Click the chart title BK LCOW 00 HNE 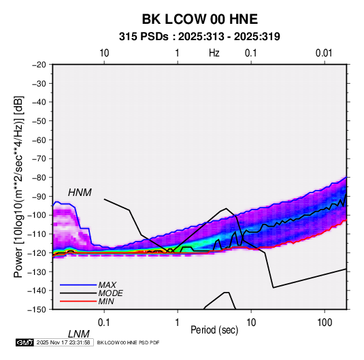pos(199,19)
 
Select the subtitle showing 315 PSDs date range pos(199,37)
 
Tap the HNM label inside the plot pos(80,193)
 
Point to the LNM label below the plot pos(78,334)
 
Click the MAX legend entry pos(107,285)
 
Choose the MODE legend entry pos(110,293)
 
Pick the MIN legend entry pos(106,301)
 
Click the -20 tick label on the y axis pos(39,65)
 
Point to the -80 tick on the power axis pos(39,178)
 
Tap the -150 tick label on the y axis pos(37,310)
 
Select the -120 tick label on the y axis pos(37,252)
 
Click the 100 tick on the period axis pos(325,323)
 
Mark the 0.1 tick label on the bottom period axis pos(103,323)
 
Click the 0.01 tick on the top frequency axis pos(324,53)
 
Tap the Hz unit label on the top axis pos(214,53)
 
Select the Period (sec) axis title pos(214,330)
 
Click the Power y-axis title pos(18,187)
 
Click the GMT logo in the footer pos(24,342)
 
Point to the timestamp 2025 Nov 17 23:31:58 pos(63,342)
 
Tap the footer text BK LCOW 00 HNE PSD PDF pos(128,342)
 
